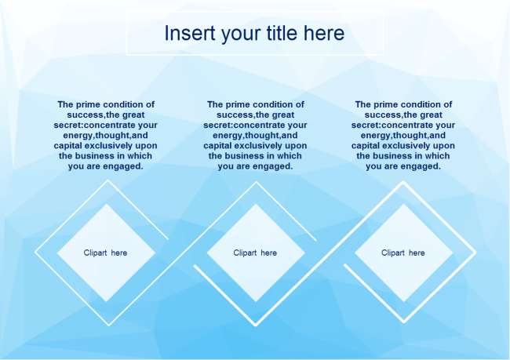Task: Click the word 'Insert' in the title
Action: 187,34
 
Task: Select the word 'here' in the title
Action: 325,34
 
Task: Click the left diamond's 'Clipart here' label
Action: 105,253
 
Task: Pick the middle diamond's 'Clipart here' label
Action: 255,253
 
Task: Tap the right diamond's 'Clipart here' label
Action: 403,253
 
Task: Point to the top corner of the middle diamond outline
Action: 255,183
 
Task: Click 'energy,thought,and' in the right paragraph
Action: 403,135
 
